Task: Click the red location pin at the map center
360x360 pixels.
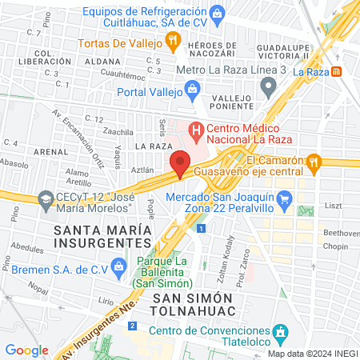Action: pos(180,163)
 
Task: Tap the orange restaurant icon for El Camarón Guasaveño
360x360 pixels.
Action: pos(315,162)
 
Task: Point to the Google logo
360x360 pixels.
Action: pos(26,350)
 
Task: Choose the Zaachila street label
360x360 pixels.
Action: pos(118,130)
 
